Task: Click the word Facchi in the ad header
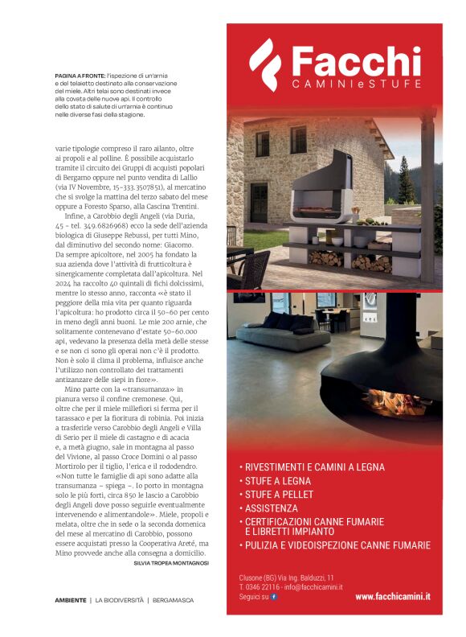tap(355, 62)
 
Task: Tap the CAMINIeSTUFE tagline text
tap(355, 84)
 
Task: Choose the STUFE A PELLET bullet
tap(279, 495)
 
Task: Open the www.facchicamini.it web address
tap(392, 597)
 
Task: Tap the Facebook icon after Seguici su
tap(274, 597)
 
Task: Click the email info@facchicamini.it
tap(312, 587)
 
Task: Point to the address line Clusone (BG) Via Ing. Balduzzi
tap(286, 577)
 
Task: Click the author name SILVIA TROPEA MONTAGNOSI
tap(171, 564)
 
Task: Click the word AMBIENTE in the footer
tap(71, 600)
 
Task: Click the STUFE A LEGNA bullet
tap(279, 481)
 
